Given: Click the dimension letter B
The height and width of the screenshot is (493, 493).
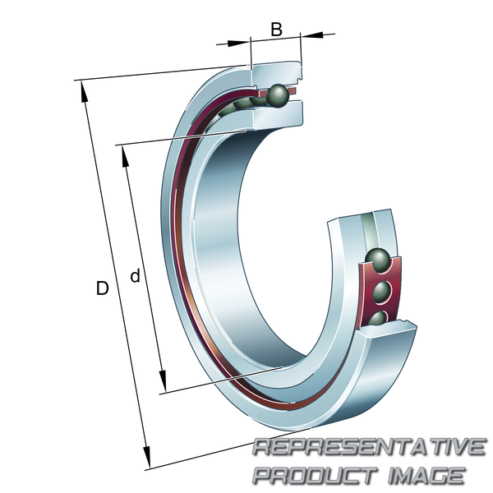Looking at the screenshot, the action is [276, 30].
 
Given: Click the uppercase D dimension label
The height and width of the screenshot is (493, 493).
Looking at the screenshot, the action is [102, 288].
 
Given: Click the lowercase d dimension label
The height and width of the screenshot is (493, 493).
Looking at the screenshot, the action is [136, 276].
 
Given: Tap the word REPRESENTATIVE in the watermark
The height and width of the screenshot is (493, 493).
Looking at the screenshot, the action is [369, 447].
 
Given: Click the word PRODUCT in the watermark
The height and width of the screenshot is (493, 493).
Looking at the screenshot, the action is [315, 475].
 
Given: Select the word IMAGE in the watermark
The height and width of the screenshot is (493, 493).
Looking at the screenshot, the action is [426, 475].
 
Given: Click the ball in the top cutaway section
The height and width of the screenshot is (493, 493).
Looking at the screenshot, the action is [277, 95].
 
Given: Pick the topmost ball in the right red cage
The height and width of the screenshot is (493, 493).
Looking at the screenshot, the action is [378, 260].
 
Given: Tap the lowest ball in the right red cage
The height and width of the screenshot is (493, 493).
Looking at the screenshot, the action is [378, 318].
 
